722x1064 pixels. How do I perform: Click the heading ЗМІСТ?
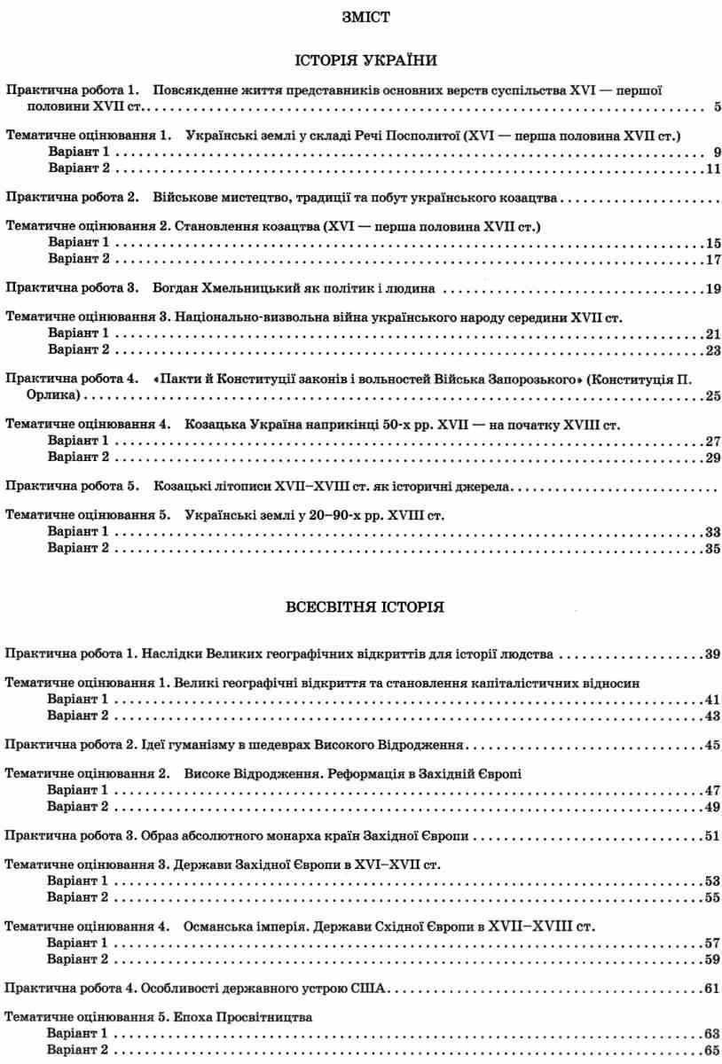(x=359, y=16)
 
